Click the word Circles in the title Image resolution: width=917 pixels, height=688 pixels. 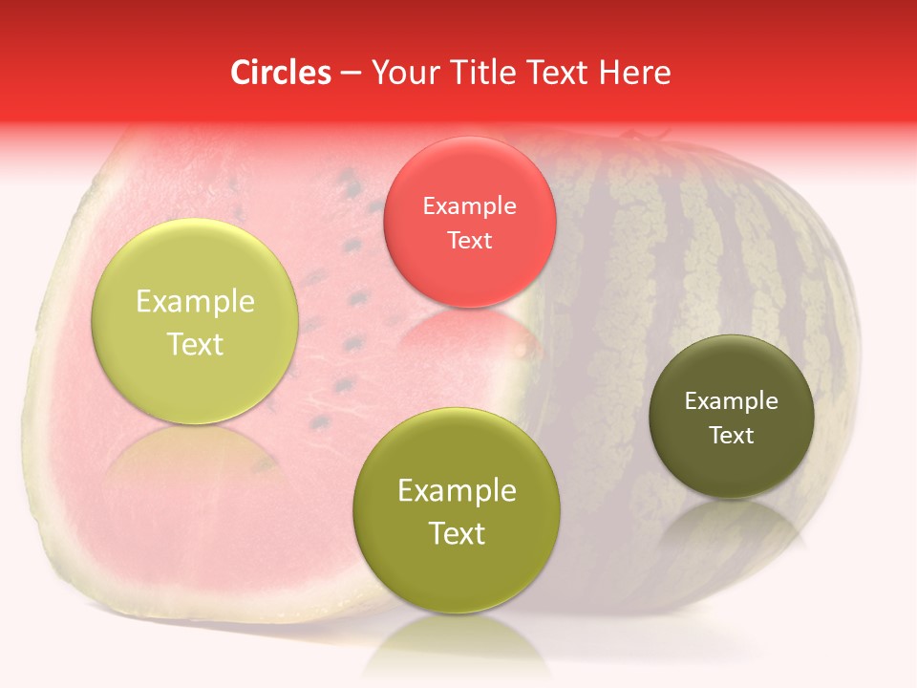(x=281, y=72)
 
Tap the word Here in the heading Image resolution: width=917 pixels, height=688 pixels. (x=632, y=72)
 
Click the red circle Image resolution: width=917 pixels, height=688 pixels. (x=470, y=223)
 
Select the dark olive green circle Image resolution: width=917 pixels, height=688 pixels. (x=732, y=417)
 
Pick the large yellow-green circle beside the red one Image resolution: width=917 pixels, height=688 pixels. (x=195, y=321)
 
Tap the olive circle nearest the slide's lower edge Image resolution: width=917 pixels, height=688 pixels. (x=457, y=510)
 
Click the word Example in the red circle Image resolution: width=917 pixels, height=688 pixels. (x=470, y=205)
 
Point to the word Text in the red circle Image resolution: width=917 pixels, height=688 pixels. (x=470, y=240)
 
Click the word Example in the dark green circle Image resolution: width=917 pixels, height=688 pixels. (x=732, y=400)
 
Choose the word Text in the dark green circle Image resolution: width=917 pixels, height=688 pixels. (x=732, y=435)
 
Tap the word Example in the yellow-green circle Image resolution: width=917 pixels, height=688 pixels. (x=195, y=301)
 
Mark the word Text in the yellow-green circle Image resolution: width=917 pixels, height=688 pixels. (x=195, y=344)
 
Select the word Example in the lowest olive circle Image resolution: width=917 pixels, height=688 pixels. (x=457, y=490)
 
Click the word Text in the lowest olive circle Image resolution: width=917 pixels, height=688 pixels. (x=457, y=533)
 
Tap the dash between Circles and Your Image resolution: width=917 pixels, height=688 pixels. (x=351, y=72)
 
